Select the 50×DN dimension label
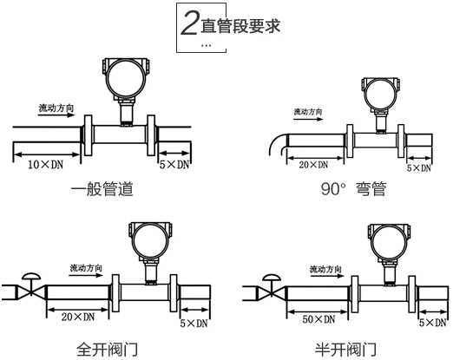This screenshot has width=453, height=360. (315, 321)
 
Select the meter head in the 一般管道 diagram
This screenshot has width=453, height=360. (122, 79)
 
